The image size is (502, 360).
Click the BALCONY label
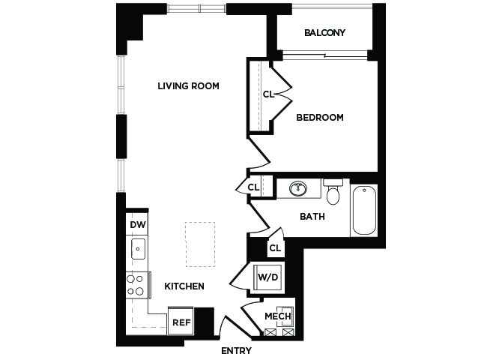324,33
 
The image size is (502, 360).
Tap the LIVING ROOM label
188,86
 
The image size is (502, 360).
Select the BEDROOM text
320,117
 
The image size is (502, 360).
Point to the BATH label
312,217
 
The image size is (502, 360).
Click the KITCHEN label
184,286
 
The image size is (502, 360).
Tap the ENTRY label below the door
236,351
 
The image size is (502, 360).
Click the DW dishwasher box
137,223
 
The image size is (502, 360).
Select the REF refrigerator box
181,321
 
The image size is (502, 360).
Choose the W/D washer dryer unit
268,277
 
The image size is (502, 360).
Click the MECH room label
278,316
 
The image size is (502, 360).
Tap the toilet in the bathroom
333,192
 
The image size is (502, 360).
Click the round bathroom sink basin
298,188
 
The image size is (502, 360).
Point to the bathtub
364,210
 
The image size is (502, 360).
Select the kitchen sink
138,249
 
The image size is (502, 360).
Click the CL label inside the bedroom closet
269,94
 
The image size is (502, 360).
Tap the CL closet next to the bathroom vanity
253,187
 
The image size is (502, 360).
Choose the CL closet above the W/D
275,247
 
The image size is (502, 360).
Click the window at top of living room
196,8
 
